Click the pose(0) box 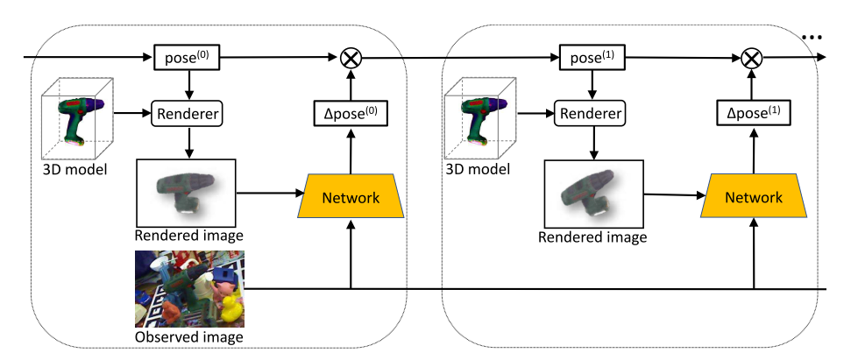click(187, 59)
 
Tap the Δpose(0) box click(350, 112)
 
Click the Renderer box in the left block click(187, 113)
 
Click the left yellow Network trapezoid click(350, 197)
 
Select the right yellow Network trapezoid click(753, 197)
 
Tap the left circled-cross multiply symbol click(351, 59)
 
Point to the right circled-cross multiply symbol click(751, 59)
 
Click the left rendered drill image click(186, 193)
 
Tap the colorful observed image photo click(188, 288)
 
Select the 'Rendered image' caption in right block click(592, 237)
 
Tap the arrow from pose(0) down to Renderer click(187, 86)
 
